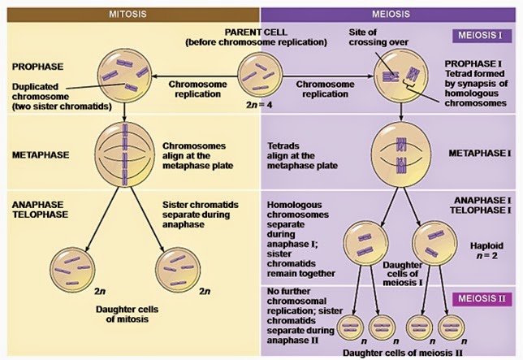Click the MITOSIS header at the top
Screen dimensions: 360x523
[130, 14]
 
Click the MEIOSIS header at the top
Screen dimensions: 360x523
[391, 14]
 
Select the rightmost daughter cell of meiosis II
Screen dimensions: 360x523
[474, 326]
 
